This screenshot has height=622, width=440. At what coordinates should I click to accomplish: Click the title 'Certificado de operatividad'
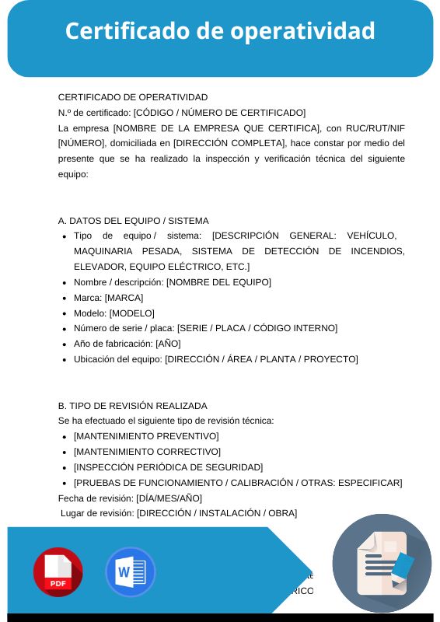pos(220,31)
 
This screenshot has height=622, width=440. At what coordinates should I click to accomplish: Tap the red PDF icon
pos(58,572)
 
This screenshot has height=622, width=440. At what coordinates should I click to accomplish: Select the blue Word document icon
pos(130,572)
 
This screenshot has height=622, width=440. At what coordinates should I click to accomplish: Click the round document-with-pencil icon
pos(382,563)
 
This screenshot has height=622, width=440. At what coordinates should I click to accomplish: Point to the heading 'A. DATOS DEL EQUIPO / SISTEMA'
pos(133,221)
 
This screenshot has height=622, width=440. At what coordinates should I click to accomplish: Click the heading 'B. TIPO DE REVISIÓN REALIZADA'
pos(132,406)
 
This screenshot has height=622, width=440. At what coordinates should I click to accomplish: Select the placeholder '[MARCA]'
pos(124,298)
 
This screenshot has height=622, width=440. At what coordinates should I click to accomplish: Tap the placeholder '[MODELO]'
pos(131,313)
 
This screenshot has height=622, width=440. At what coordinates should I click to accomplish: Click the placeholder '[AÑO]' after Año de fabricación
pos(168,344)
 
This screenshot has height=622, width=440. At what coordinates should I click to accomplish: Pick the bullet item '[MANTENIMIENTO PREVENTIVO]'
pos(146,436)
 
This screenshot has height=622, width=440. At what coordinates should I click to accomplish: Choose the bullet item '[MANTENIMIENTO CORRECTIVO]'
pos(147,452)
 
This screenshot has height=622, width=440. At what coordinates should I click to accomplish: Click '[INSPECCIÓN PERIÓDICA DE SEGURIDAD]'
pos(168,467)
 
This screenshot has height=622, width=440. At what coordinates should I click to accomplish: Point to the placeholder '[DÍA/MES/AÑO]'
pos(169,498)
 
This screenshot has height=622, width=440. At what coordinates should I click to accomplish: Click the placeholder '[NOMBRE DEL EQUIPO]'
pos(218,282)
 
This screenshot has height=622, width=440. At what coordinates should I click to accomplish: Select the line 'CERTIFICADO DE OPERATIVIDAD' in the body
pos(133,97)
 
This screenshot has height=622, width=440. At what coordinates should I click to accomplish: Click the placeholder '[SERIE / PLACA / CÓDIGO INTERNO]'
pos(257,328)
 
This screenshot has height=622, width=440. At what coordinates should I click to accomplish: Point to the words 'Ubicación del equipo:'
pos(117,359)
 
